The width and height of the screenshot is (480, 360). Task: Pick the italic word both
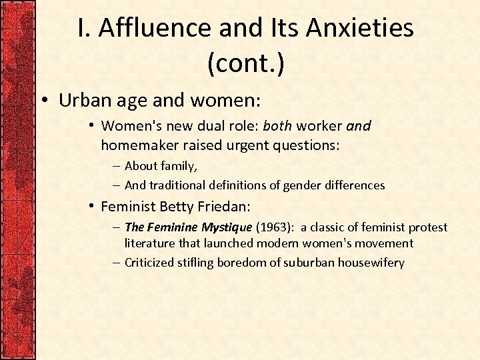(278, 126)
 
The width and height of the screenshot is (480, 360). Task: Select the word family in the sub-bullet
(179, 166)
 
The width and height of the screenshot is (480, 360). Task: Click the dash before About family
(117, 166)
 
